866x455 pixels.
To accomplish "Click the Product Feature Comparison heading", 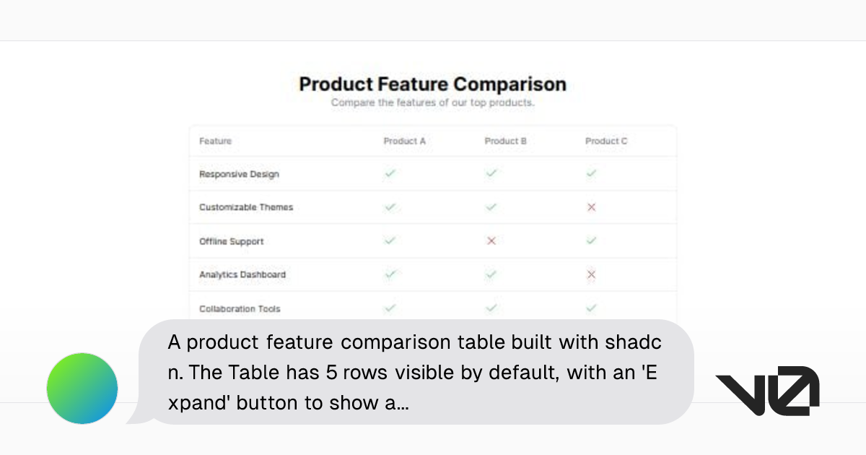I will pyautogui.click(x=432, y=84).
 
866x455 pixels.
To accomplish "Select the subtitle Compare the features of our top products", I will pyautogui.click(x=432, y=103).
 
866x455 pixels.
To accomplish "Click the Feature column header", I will pyautogui.click(x=215, y=142).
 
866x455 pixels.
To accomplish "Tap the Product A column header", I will pyautogui.click(x=404, y=142).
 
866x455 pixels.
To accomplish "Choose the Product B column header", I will pyautogui.click(x=505, y=142).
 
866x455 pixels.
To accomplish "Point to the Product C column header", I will pyautogui.click(x=606, y=142).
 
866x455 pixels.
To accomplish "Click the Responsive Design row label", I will pyautogui.click(x=239, y=174).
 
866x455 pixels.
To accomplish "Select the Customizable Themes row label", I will pyautogui.click(x=246, y=207).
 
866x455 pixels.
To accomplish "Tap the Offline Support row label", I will pyautogui.click(x=231, y=241).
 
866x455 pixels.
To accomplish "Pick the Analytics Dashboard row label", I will pyautogui.click(x=242, y=274).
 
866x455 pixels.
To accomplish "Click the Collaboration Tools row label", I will pyautogui.click(x=240, y=308).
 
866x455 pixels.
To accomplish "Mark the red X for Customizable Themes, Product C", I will pyautogui.click(x=592, y=207).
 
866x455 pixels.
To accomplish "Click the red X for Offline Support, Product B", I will pyautogui.click(x=491, y=240).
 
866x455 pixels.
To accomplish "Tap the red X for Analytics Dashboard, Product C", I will pyautogui.click(x=592, y=274).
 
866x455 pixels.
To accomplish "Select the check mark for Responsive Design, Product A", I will pyautogui.click(x=390, y=173).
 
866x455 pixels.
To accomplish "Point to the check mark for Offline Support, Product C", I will pyautogui.click(x=592, y=240).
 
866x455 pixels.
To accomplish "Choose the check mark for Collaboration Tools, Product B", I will pyautogui.click(x=491, y=308).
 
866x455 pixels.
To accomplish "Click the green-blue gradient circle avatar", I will pyautogui.click(x=82, y=389).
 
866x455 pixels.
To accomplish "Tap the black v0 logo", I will pyautogui.click(x=767, y=391).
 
